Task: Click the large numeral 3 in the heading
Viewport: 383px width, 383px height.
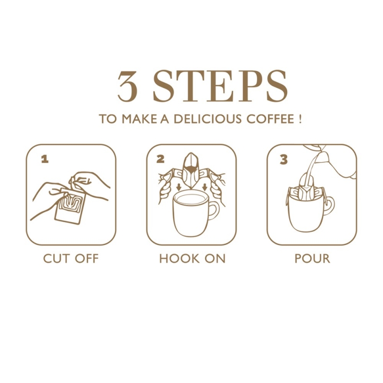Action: [127, 86]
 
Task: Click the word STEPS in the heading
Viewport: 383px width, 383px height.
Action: [220, 86]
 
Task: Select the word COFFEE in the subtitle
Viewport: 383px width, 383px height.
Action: [270, 119]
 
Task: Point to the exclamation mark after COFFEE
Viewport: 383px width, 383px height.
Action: [300, 119]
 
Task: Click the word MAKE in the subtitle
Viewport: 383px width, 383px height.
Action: [139, 119]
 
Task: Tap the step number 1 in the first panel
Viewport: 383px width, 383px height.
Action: [45, 160]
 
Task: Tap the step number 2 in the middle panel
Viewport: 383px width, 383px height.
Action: [160, 159]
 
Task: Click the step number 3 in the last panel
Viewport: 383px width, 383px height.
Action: [283, 160]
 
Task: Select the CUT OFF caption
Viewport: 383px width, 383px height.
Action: [71, 259]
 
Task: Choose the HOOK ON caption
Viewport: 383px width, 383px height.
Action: [192, 259]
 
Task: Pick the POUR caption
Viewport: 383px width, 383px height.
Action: [313, 259]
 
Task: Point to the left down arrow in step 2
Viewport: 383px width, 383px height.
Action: [179, 187]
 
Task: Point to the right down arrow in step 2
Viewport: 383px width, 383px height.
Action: [205, 187]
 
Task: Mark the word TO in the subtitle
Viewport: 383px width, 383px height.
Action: [108, 119]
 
